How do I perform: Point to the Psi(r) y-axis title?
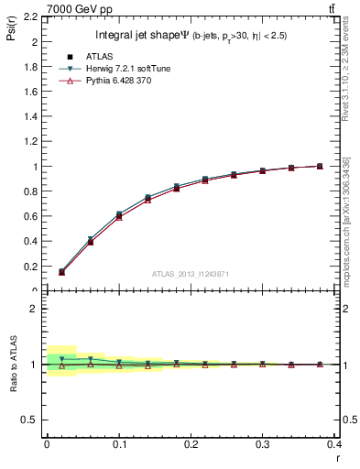(x=11, y=32)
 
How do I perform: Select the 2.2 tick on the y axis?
(x=32, y=17)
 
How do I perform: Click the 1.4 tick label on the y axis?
(x=32, y=117)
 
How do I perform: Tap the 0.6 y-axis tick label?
(x=32, y=217)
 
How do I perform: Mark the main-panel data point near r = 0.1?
(x=119, y=214)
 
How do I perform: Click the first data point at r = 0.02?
(x=61, y=271)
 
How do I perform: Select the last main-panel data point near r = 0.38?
(x=320, y=166)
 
